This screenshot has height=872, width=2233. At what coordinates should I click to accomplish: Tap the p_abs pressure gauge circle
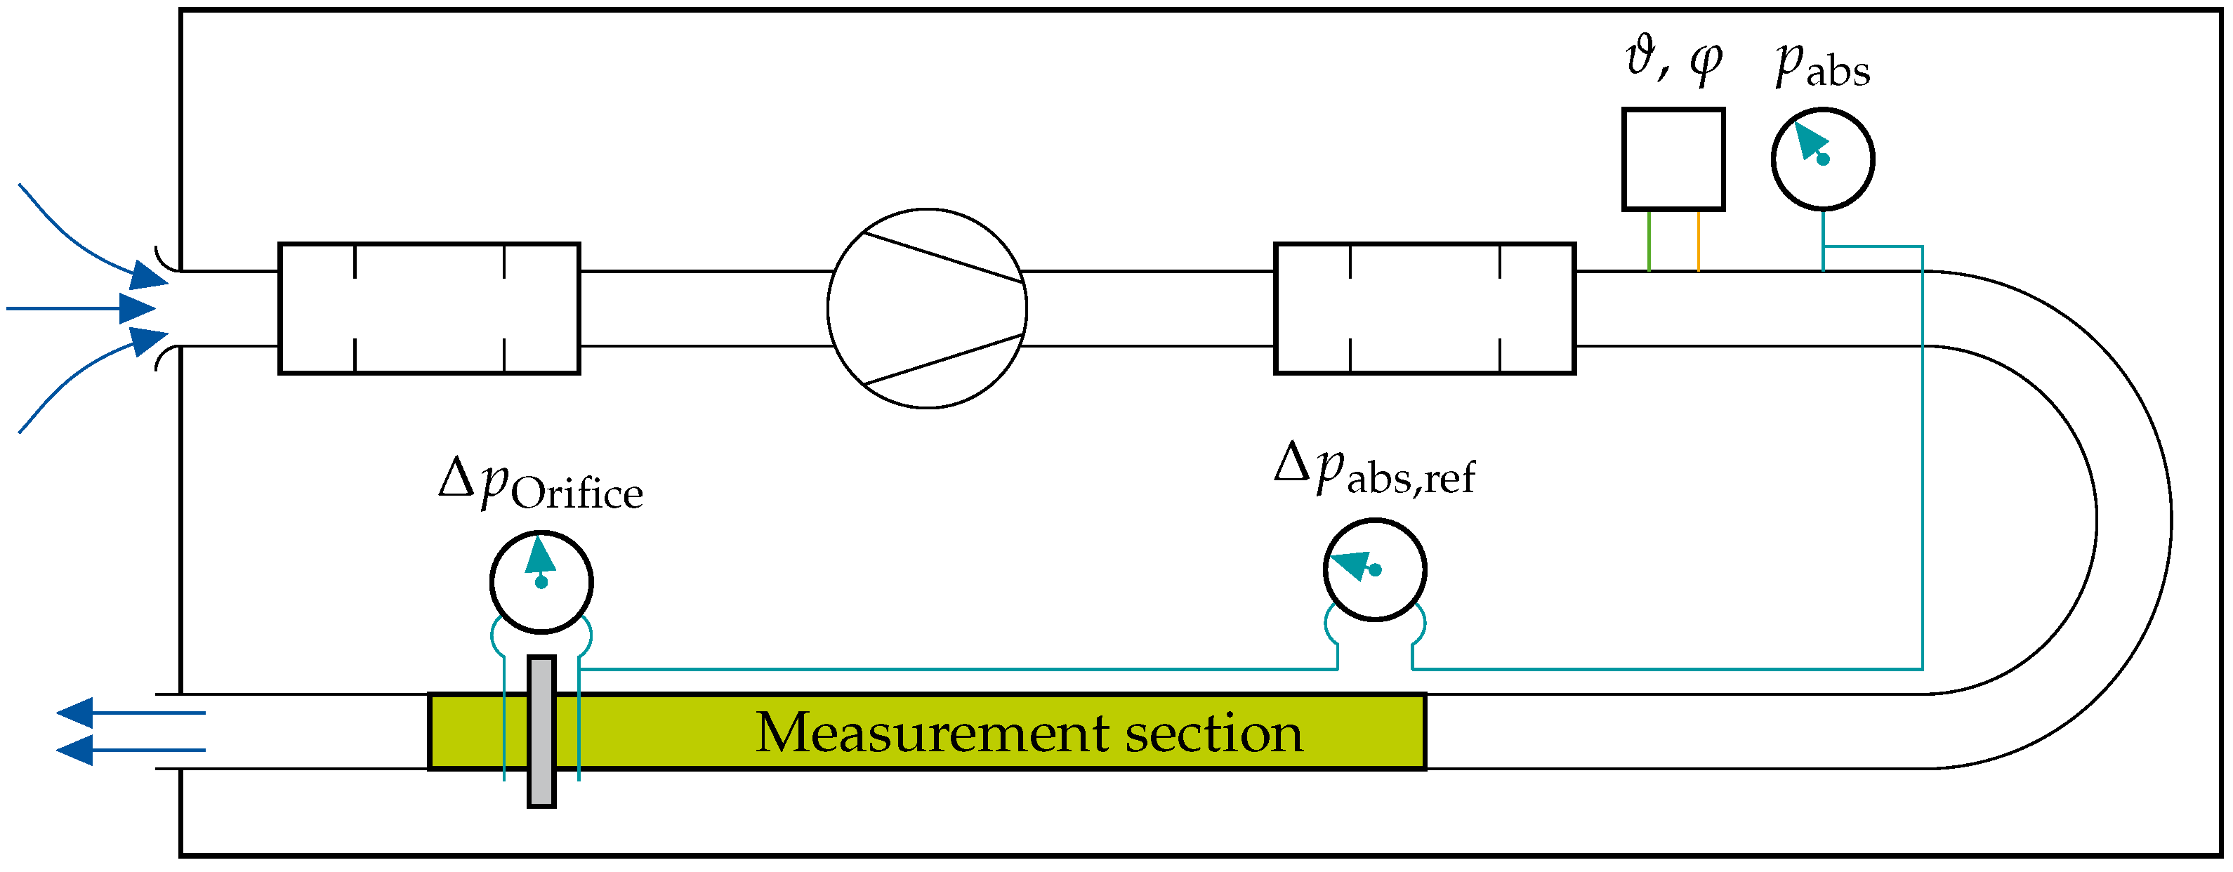pos(1822,159)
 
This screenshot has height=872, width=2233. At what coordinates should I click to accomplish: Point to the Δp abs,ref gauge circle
pos(1374,569)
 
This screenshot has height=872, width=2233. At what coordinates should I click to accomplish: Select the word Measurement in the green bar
pos(932,732)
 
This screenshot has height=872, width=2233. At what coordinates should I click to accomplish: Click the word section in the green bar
pos(1213,732)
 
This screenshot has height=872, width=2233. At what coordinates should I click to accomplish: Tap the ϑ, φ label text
pos(1673,60)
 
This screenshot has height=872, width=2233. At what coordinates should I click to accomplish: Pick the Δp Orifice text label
pos(541,485)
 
